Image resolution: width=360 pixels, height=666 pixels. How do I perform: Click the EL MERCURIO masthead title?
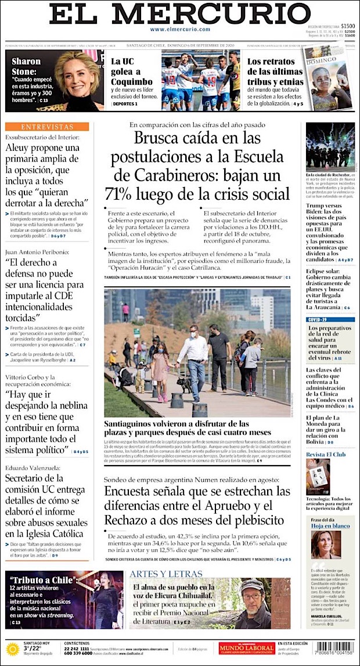click(x=179, y=14)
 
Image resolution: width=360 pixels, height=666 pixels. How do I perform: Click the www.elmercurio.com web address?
click(x=179, y=29)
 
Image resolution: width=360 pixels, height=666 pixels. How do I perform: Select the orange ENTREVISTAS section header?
click(x=47, y=127)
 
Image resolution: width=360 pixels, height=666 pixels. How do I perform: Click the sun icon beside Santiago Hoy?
click(x=12, y=649)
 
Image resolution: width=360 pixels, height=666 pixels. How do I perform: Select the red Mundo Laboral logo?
click(x=246, y=648)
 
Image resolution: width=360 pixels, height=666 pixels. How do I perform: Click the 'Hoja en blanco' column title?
click(x=330, y=525)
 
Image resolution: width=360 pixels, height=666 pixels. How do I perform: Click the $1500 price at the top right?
click(x=348, y=26)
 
